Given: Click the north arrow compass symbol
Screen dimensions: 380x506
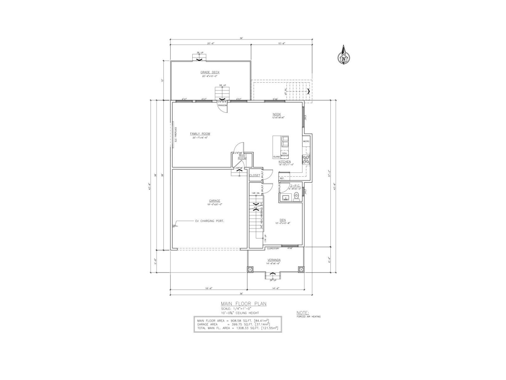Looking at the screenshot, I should [x=343, y=56].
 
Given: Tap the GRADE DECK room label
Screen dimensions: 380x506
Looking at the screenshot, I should [x=210, y=72].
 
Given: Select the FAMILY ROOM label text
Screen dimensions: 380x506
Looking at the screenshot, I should [x=200, y=134].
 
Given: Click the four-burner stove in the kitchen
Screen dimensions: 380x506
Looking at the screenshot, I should [x=306, y=159].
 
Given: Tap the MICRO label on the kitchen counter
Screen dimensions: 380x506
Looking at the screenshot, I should [x=306, y=141].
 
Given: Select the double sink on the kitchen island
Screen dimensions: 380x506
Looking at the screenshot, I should [x=285, y=142].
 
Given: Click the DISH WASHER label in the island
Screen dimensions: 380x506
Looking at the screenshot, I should [x=285, y=155].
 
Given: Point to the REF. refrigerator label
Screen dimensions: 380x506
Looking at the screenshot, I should [x=282, y=178].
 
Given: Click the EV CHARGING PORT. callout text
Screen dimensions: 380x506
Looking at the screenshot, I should [x=209, y=221].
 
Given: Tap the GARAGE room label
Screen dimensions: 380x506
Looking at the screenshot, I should [x=214, y=201].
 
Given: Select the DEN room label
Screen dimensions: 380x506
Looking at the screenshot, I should [x=283, y=219].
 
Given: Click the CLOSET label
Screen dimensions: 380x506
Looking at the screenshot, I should [x=255, y=175].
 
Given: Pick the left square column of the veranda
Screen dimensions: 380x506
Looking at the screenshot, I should [x=250, y=269].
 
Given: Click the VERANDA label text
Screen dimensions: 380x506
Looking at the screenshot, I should [x=274, y=260].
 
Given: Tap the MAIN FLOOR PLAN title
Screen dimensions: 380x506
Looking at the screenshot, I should [x=244, y=304].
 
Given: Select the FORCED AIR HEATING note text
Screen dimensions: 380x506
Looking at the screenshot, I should [x=308, y=316].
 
